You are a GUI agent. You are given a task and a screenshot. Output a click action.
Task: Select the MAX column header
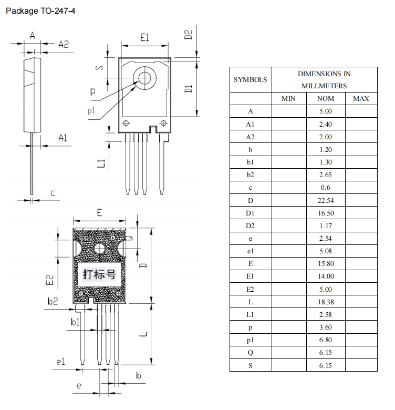[361, 98]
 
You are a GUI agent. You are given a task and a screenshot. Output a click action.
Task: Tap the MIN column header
[288, 98]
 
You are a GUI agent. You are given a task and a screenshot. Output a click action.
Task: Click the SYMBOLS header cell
[251, 80]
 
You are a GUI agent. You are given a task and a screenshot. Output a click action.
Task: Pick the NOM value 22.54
[325, 200]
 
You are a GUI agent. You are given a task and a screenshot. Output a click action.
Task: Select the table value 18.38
[325, 302]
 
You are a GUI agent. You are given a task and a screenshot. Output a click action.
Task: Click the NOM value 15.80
[325, 263]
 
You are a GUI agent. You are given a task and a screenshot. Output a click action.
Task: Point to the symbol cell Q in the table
[251, 352]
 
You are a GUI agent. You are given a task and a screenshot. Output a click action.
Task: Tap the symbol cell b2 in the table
[251, 175]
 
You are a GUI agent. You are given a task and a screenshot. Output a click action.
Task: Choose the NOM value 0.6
[325, 187]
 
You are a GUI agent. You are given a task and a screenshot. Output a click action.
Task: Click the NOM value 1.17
[325, 225]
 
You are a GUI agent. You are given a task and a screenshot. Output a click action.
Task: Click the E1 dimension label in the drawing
[145, 37]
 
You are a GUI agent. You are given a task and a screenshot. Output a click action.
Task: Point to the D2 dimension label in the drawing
[189, 35]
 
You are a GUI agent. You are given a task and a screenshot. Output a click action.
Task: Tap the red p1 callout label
[91, 110]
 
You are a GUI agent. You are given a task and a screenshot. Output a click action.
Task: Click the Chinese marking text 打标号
[99, 274]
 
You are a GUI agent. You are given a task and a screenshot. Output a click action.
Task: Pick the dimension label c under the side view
[53, 193]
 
